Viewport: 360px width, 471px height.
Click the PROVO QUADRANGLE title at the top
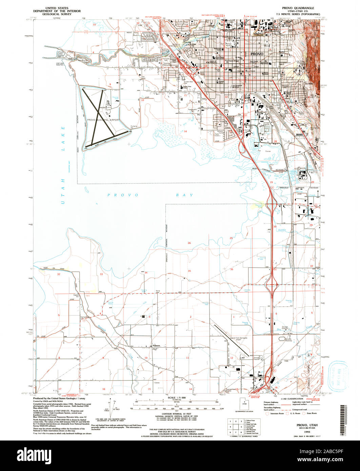[295, 7]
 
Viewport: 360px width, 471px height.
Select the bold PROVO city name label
[257, 54]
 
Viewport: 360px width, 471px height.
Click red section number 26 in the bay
[189, 243]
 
